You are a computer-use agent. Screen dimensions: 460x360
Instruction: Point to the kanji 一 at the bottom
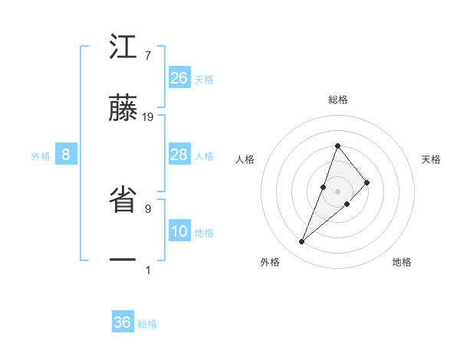click(123, 260)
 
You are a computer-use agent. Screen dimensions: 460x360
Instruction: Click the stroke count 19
click(148, 117)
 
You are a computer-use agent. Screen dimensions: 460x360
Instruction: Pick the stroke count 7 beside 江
click(147, 56)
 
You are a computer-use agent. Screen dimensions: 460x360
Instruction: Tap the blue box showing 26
click(179, 78)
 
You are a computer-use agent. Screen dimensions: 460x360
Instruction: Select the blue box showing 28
click(179, 155)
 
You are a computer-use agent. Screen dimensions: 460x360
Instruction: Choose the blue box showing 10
click(179, 232)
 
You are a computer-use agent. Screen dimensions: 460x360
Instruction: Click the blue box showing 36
click(123, 322)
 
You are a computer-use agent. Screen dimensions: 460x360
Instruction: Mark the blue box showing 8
click(66, 155)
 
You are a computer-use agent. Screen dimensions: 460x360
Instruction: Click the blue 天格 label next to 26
click(204, 80)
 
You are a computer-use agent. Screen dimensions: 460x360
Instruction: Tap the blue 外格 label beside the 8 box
click(41, 156)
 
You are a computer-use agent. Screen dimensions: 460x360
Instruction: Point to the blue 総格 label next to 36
click(148, 324)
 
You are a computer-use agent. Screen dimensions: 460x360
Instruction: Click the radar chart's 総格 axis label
click(337, 100)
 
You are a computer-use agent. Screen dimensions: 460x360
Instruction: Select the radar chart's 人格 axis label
click(245, 159)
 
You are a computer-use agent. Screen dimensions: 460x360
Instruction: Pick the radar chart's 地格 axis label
click(402, 263)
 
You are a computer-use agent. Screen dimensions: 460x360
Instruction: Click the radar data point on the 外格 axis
click(301, 242)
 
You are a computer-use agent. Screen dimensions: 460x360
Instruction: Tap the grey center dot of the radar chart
click(337, 191)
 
